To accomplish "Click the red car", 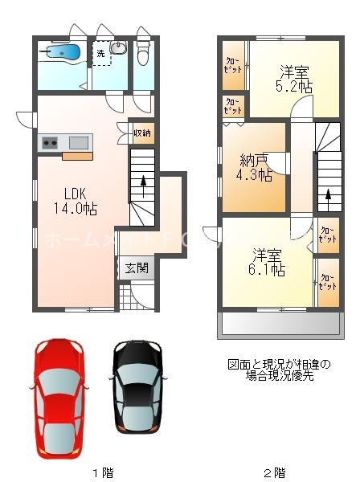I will (x=58, y=397).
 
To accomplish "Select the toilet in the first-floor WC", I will (x=144, y=54).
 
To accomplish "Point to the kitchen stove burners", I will (x=49, y=143).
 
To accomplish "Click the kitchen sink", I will (x=79, y=143).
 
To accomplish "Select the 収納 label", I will (x=142, y=133).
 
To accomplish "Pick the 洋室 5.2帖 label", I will (x=295, y=79).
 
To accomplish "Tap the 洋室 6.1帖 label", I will (x=267, y=263).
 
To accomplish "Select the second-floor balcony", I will (x=278, y=324).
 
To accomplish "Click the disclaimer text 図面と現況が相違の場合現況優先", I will (x=278, y=370).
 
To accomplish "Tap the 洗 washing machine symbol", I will (x=101, y=54).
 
